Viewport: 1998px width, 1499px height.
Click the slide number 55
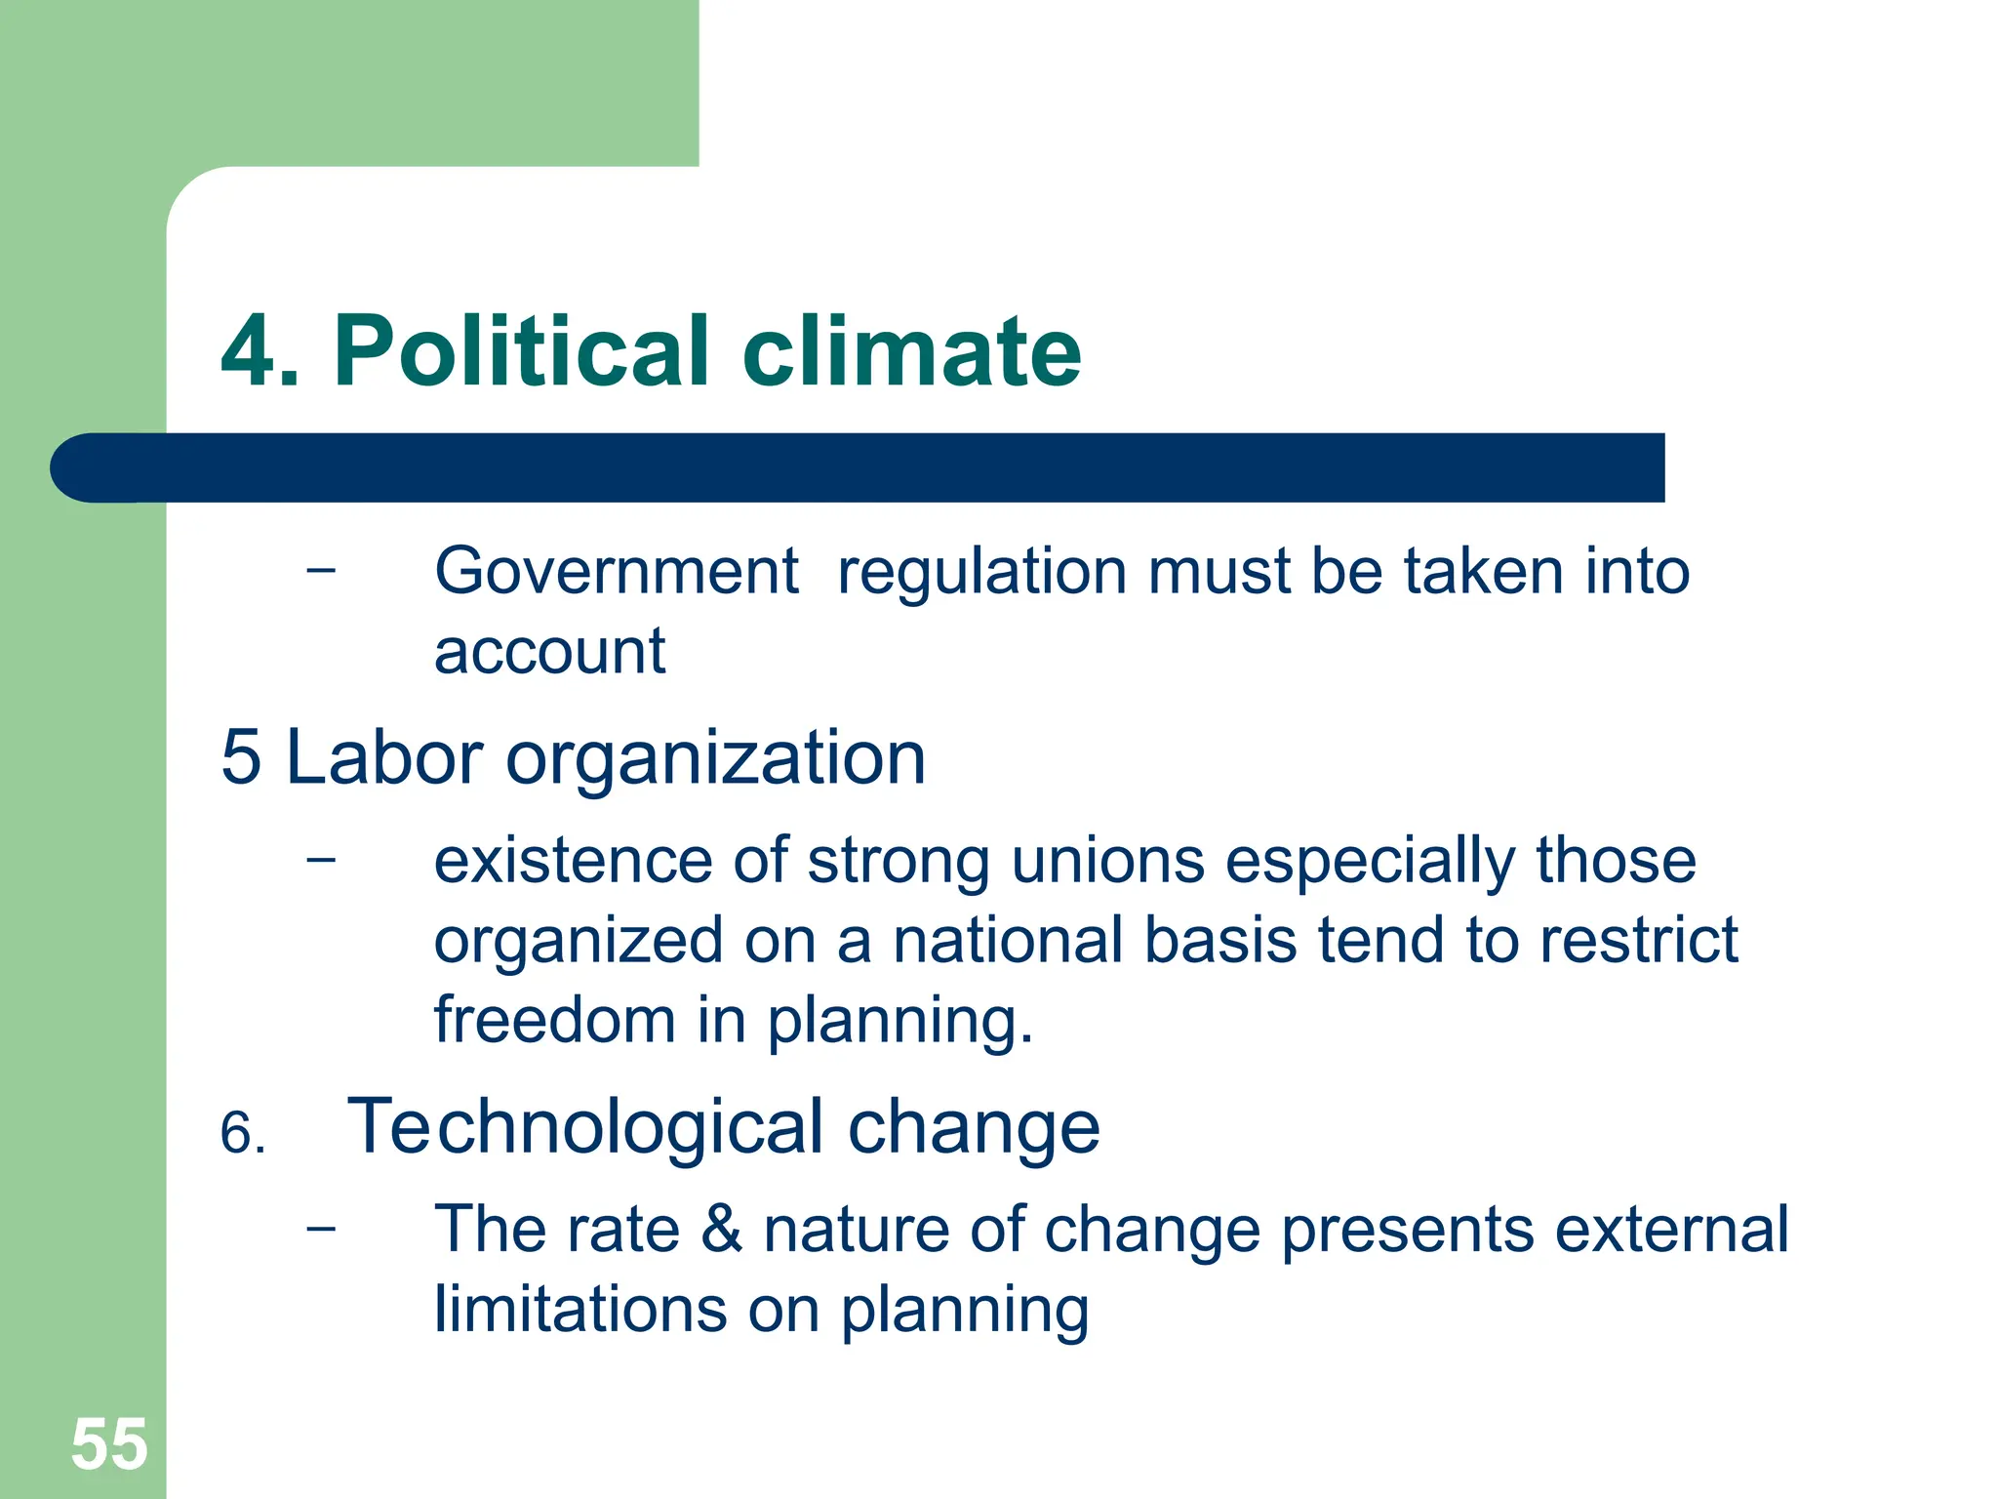click(x=109, y=1444)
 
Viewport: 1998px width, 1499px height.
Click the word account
click(x=549, y=651)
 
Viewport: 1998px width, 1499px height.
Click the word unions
click(x=1107, y=862)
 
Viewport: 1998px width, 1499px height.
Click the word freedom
click(x=554, y=1020)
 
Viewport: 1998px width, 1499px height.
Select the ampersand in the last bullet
click(x=721, y=1229)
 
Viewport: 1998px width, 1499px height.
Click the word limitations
click(x=580, y=1309)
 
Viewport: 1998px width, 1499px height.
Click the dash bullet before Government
click(x=320, y=569)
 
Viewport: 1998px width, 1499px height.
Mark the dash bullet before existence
click(x=320, y=859)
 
